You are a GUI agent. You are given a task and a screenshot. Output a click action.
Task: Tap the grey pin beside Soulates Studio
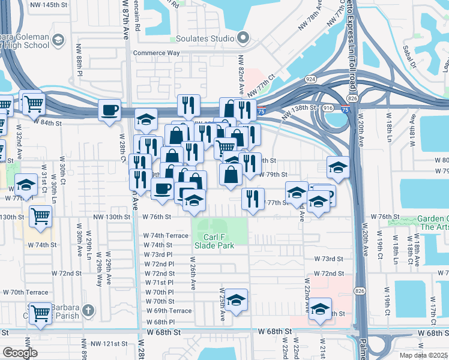(243, 39)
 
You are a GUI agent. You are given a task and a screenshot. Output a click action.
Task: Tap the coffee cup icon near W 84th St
(110, 110)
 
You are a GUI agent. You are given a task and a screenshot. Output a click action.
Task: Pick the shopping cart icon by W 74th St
(41, 216)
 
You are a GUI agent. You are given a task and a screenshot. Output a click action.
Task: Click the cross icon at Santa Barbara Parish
(88, 310)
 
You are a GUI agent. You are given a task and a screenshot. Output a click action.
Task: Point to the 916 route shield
(328, 107)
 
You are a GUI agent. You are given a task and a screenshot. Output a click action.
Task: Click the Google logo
(20, 353)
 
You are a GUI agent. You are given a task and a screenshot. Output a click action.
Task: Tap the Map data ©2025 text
(424, 355)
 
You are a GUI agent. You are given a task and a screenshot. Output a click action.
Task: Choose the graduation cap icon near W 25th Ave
(237, 299)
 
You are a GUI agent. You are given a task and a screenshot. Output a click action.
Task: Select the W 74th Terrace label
(165, 236)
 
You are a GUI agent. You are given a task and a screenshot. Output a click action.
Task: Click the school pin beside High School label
(58, 40)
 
